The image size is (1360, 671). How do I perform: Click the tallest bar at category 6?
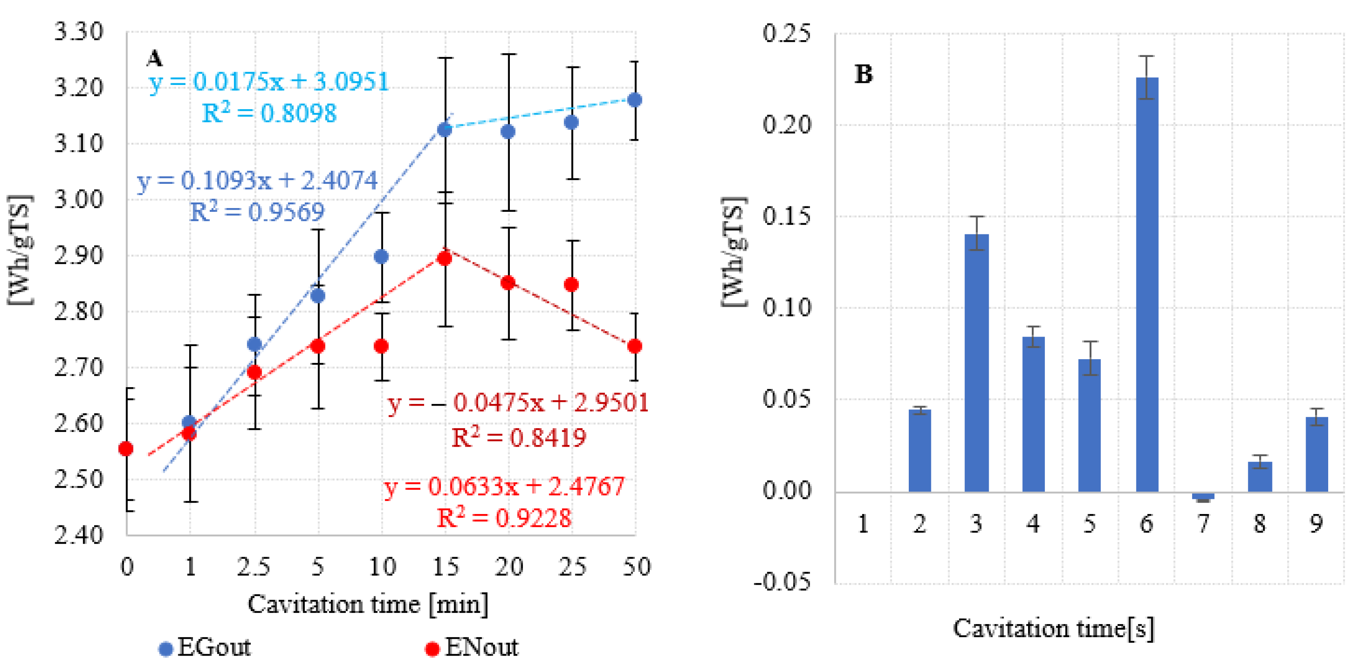coord(1147,285)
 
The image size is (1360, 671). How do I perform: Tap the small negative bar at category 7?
coord(1203,496)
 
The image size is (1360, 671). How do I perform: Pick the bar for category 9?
coord(1317,455)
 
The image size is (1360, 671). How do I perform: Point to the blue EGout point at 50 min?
coord(635,100)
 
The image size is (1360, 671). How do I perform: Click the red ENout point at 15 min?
coord(445,258)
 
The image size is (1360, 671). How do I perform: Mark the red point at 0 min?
coord(126,449)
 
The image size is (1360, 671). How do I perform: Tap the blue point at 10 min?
coord(381,257)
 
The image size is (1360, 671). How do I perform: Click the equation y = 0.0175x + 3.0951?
coord(269,82)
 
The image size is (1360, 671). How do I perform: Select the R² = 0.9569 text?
coord(257,212)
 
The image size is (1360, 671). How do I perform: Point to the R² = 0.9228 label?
coord(504,518)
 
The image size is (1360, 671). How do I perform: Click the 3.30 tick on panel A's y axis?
coord(79,32)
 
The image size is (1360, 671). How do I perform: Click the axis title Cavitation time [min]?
coord(368,604)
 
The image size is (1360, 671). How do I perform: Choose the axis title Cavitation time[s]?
coord(1053,628)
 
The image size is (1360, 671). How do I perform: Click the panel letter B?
coord(864,75)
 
